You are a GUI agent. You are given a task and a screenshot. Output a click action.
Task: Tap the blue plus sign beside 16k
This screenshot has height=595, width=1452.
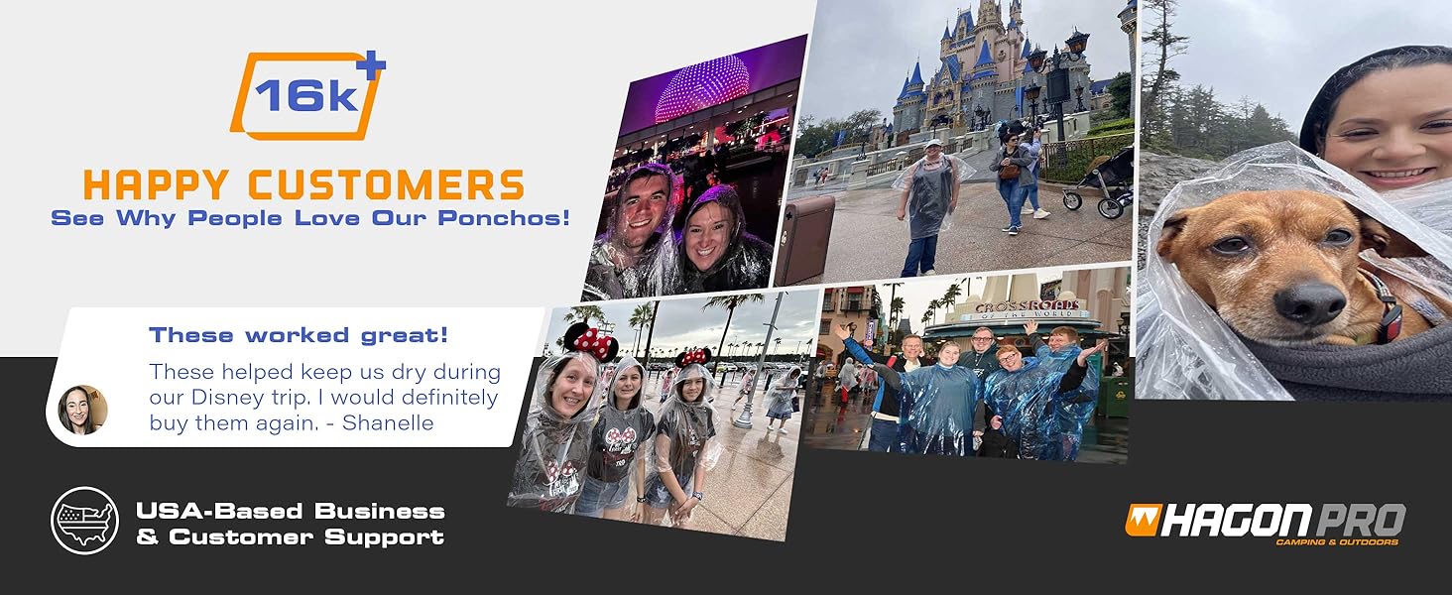372,64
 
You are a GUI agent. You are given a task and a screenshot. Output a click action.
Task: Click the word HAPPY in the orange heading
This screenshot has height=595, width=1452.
158,185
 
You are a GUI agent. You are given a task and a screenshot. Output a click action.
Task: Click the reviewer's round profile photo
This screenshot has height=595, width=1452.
81,410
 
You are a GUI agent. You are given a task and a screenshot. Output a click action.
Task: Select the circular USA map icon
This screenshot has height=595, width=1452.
84,521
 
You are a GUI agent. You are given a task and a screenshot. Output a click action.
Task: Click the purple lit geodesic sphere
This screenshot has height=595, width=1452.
701,89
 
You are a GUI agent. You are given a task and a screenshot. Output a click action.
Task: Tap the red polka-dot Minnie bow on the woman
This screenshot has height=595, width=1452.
592,342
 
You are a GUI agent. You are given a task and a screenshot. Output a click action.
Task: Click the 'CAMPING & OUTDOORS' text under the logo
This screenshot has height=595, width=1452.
1337,542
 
